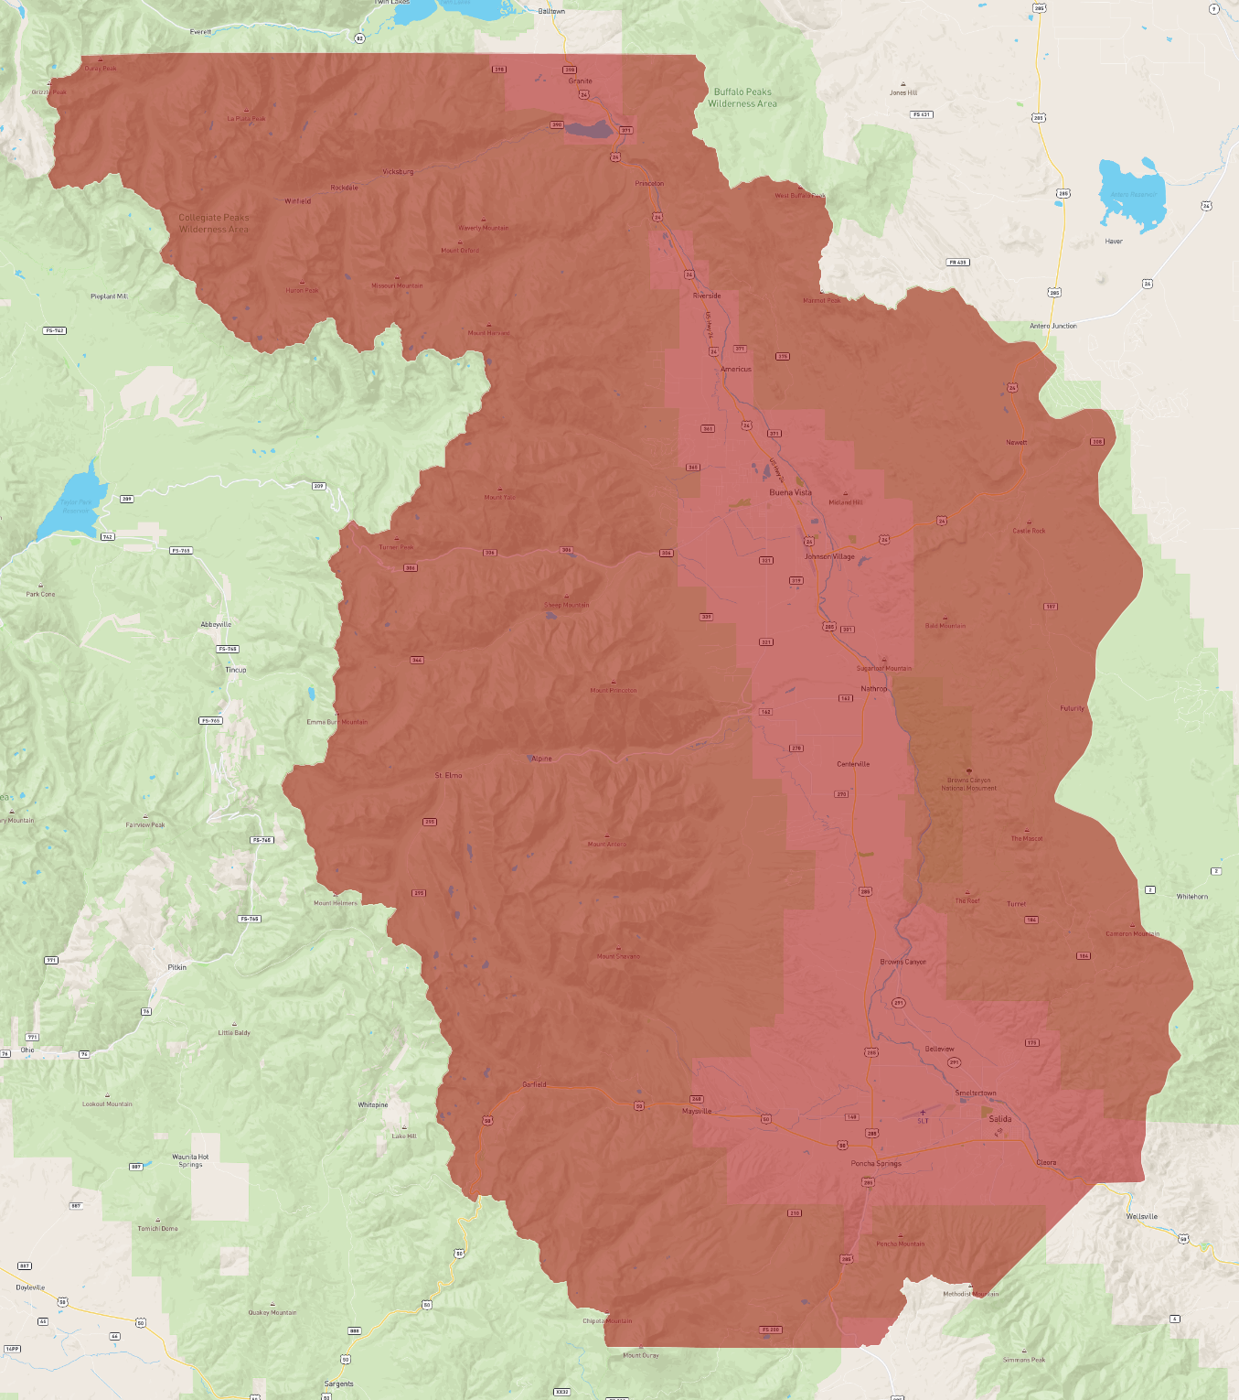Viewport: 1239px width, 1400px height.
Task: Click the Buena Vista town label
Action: coord(790,492)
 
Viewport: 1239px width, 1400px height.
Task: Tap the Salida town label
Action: coord(1000,1119)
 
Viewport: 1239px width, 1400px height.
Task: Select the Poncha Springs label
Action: coord(876,1164)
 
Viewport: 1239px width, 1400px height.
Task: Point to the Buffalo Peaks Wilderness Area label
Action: coord(742,98)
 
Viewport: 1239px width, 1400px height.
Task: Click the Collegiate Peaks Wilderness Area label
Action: coord(214,223)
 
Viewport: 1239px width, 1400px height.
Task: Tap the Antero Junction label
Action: coord(1053,326)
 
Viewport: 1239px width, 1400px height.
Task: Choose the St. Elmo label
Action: coord(448,775)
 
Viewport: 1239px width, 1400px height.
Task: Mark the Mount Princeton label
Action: coord(614,690)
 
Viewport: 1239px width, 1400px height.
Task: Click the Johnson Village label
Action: coord(829,556)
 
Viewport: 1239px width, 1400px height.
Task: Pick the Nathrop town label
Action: coord(873,689)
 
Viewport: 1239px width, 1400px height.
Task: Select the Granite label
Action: coord(580,81)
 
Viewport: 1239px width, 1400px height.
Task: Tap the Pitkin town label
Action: coord(177,967)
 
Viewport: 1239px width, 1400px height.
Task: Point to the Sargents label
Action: coord(338,1384)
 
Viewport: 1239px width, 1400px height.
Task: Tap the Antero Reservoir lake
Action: coord(1130,194)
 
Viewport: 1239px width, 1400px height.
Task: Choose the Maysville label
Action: coord(697,1111)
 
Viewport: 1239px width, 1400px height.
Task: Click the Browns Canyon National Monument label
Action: coord(969,784)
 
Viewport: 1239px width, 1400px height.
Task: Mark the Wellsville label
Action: coord(1142,1217)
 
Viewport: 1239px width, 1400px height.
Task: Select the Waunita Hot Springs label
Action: coord(190,1160)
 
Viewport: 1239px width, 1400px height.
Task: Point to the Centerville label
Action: coord(853,764)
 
